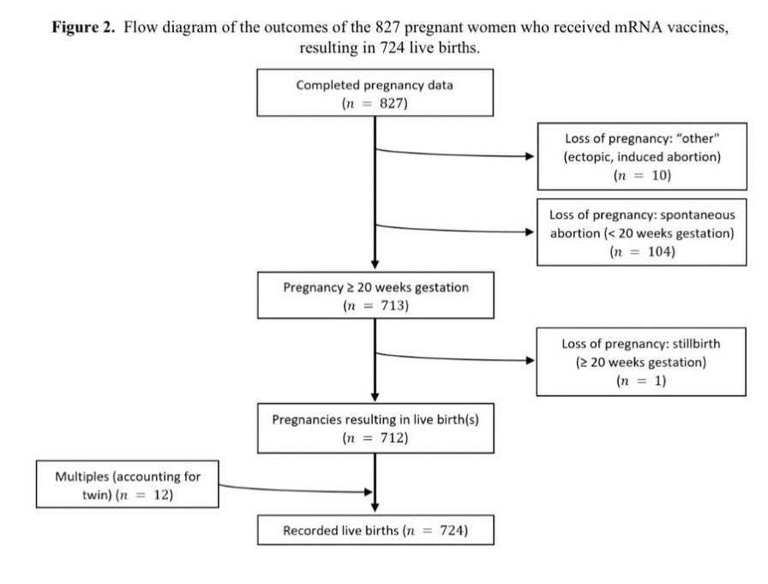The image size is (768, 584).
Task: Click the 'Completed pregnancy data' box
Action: coord(375,93)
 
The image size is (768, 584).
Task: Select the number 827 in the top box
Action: coord(393,104)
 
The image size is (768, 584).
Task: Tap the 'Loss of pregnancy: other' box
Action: coord(642,156)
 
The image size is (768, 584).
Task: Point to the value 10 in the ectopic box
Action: coord(660,176)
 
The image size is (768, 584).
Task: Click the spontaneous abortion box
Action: coord(642,232)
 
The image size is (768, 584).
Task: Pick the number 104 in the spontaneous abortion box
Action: coord(660,251)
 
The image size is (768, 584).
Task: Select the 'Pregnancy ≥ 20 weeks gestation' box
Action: coord(375,295)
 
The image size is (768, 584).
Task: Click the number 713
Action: coord(393,305)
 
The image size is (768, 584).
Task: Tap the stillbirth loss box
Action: coord(641,362)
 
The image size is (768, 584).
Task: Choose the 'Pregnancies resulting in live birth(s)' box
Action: coord(375,428)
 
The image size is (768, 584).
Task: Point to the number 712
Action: coord(393,437)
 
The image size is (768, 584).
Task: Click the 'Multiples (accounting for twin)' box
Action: coord(128,484)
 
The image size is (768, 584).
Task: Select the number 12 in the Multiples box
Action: coord(162,495)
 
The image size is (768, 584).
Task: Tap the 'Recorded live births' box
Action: coord(375,530)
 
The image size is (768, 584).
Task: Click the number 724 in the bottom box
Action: coord(453,530)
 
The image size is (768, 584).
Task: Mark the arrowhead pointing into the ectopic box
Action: coord(530,156)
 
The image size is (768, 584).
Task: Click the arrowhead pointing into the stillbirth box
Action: coord(530,360)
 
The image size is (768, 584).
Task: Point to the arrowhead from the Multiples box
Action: coord(369,492)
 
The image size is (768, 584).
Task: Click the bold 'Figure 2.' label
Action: coord(84,27)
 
